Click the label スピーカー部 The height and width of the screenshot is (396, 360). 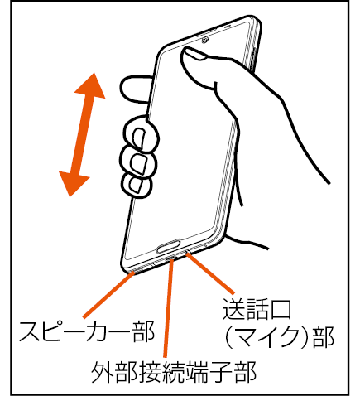coord(87,331)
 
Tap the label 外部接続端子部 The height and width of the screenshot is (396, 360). coord(174,372)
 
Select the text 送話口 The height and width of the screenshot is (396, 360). coord(257,309)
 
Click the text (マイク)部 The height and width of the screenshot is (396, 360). coord(279,337)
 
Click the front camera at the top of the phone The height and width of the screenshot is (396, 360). coord(204,41)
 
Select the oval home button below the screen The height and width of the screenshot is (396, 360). coord(169,246)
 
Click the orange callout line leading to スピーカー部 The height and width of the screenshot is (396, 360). coord(109,295)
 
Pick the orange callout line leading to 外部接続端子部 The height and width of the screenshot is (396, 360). coord(168,308)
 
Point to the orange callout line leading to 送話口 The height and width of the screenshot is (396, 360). coord(210,273)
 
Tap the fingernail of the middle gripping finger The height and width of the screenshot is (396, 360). coord(139,163)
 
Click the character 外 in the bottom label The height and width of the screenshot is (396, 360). coord(103,372)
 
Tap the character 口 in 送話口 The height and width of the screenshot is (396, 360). coord(281,310)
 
